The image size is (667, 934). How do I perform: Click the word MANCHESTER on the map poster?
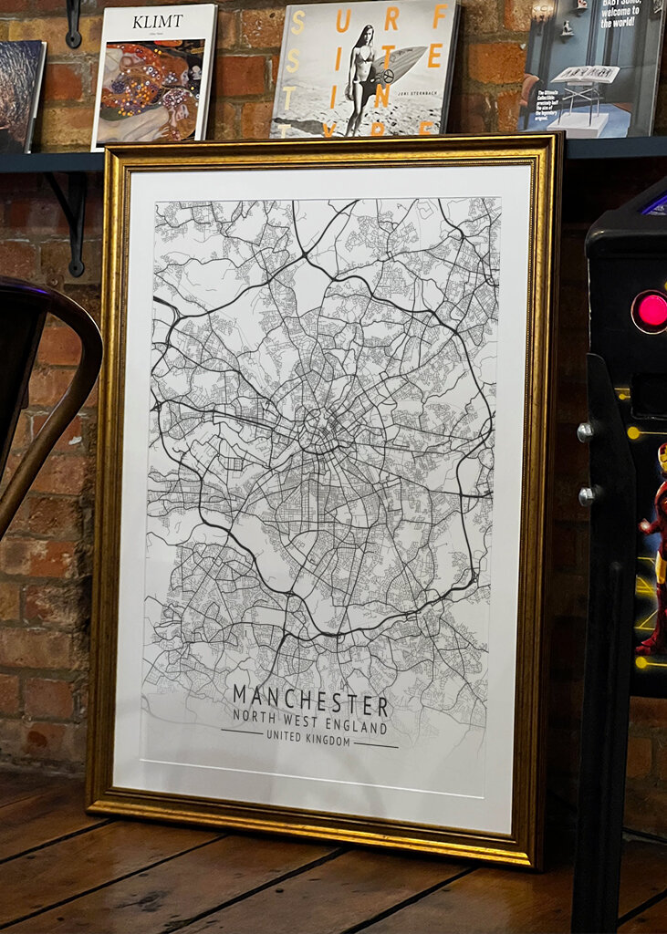pos(311,705)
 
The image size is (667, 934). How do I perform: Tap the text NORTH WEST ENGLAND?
pos(309,726)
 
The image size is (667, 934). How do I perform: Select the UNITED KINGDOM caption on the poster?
pos(309,742)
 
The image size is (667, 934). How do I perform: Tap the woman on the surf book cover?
pos(362,80)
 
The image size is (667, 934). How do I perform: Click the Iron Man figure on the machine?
pos(653,547)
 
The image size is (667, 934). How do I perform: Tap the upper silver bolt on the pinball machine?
pos(584,432)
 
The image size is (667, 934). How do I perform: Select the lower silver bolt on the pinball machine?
pos(587,495)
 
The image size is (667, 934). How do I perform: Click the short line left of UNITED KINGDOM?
pos(242,732)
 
